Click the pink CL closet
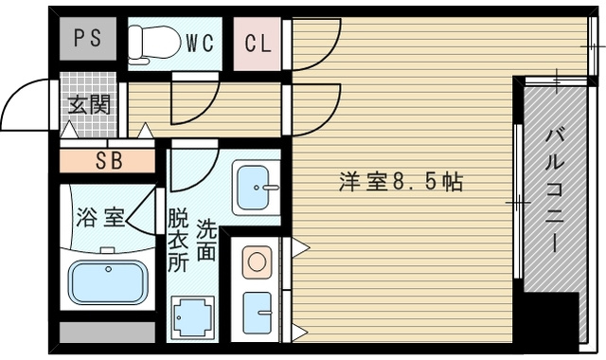point(257,44)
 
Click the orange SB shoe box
point(107,160)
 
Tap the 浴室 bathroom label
point(99,218)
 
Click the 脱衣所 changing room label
point(177,242)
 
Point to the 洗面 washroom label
point(206,241)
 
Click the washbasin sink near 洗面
point(254,188)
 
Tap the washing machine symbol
point(192,316)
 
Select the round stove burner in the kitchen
point(256,261)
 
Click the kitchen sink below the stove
point(256,311)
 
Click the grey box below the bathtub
point(107,332)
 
